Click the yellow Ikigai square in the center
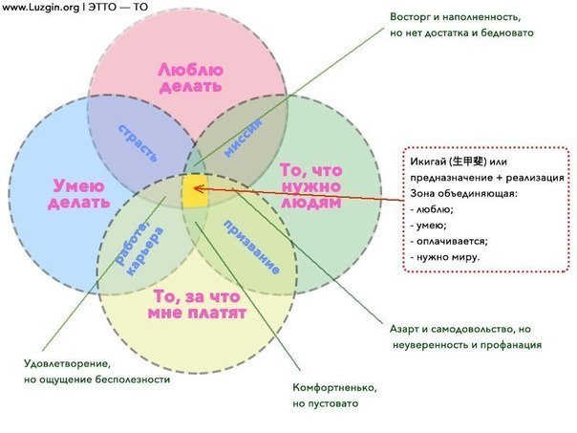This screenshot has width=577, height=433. [195, 190]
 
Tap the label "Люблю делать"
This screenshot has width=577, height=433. [191, 78]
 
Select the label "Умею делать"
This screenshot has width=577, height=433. [79, 194]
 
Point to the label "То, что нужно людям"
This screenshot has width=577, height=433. [311, 186]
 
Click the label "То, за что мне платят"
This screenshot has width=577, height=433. [197, 305]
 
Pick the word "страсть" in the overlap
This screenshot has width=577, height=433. [138, 142]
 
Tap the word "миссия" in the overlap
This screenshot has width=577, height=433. [244, 138]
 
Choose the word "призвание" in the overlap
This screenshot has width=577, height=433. [251, 247]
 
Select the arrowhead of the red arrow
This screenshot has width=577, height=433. [197, 189]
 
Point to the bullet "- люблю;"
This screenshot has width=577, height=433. [432, 209]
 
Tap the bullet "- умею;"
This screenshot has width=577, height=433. [428, 225]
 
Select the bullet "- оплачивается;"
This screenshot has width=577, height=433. [449, 241]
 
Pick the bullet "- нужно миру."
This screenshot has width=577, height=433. [445, 257]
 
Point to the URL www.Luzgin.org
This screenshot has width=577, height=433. [40, 7]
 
